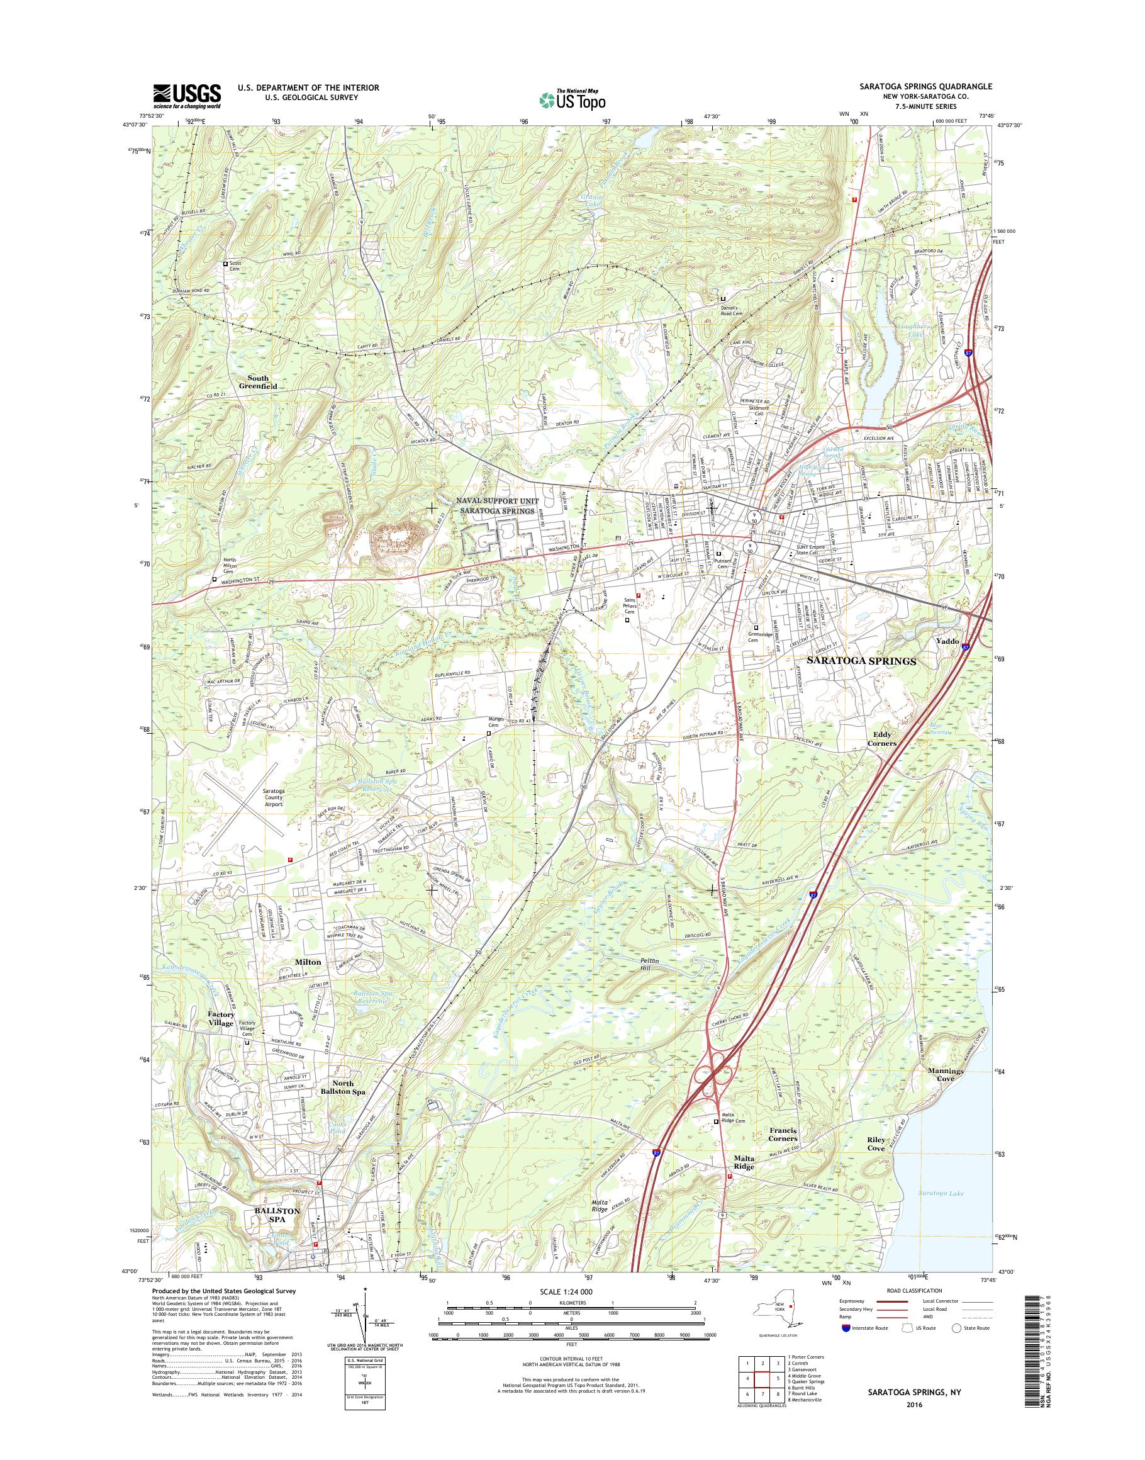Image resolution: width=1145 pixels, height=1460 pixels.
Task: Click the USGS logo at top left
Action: [x=187, y=96]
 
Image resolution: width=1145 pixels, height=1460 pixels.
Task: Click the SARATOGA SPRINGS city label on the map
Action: [x=861, y=661]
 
